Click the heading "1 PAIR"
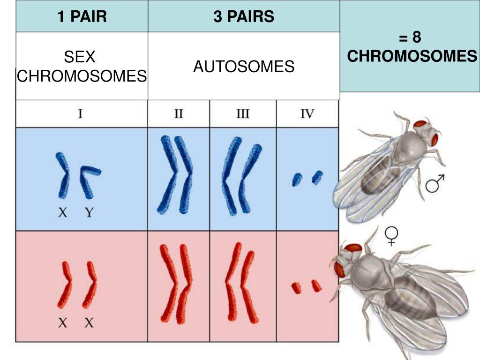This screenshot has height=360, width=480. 82,17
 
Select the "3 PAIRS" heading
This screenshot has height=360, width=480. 244,17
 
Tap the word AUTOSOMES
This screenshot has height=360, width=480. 244,67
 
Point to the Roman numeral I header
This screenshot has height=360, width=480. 81,113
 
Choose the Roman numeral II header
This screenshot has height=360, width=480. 179,113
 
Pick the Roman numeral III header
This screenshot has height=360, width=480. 242,113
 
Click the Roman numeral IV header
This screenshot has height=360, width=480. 307,113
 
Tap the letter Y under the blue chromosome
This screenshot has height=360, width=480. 90,213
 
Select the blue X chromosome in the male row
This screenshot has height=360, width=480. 63,175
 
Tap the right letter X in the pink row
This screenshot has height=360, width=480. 89,322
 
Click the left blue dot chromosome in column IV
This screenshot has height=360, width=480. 297,180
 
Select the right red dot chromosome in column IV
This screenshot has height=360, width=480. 316,285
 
